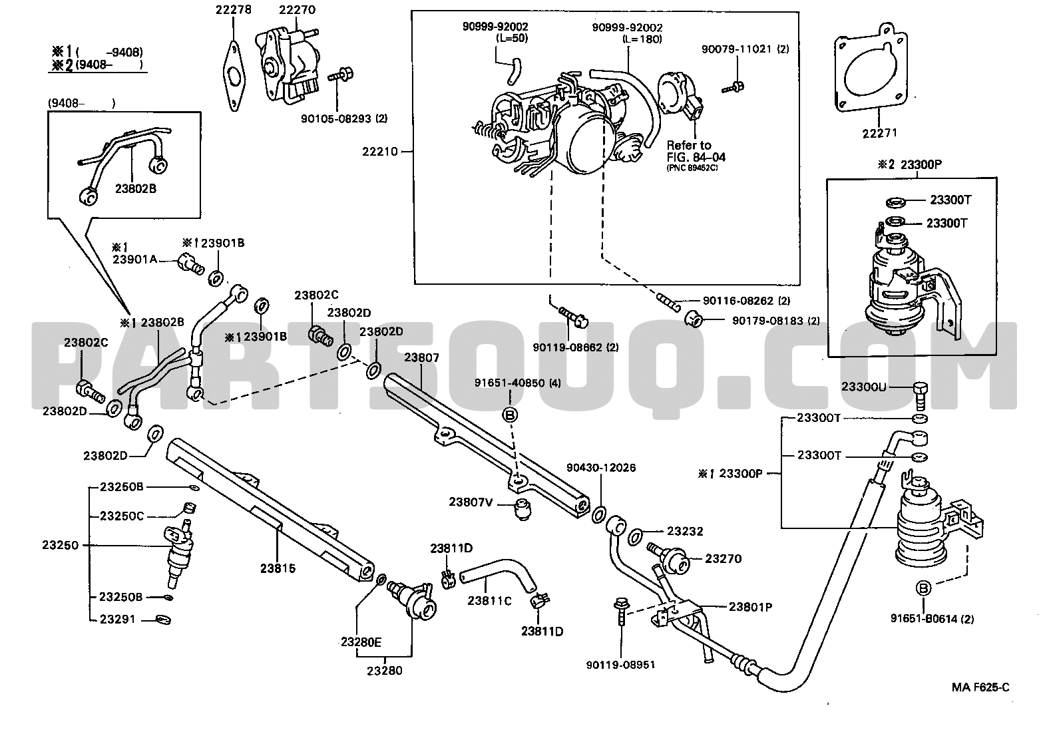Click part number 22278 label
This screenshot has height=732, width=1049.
point(234,9)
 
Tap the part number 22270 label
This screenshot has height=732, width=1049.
point(297,9)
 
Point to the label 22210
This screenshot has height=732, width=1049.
point(380,152)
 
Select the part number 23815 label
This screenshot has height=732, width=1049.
point(278,568)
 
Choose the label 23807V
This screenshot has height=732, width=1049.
point(471,502)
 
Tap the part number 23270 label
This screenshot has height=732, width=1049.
point(724,559)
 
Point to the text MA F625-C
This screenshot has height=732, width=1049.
point(980,687)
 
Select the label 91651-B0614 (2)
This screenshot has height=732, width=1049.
point(932,619)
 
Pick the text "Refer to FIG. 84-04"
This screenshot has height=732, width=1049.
point(696,152)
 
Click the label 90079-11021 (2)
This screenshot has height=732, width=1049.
point(745,49)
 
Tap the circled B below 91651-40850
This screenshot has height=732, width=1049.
point(509,415)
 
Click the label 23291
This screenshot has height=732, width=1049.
point(118,620)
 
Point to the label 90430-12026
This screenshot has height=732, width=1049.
point(601,468)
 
